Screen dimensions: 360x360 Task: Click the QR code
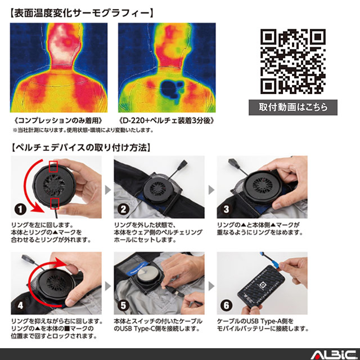point(293,61)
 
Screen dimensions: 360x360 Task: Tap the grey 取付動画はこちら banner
point(293,107)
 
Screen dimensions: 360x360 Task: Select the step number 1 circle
point(20,209)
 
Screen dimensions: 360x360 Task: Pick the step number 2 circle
point(123,209)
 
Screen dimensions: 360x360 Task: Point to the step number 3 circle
point(226,209)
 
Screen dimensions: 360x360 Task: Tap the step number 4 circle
point(20,305)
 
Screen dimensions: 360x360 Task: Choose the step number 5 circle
point(123,305)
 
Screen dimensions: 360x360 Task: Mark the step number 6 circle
point(226,305)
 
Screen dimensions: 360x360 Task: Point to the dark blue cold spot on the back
point(171,89)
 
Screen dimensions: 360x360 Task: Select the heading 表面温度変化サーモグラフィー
point(82,13)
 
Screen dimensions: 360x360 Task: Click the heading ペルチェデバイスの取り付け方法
point(81,147)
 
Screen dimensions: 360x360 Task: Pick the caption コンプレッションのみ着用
point(58,120)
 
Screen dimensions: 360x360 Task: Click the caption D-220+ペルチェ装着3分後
point(166,120)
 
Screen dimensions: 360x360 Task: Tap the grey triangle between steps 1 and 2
point(108,190)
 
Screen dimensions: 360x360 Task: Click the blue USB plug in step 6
point(274,263)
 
